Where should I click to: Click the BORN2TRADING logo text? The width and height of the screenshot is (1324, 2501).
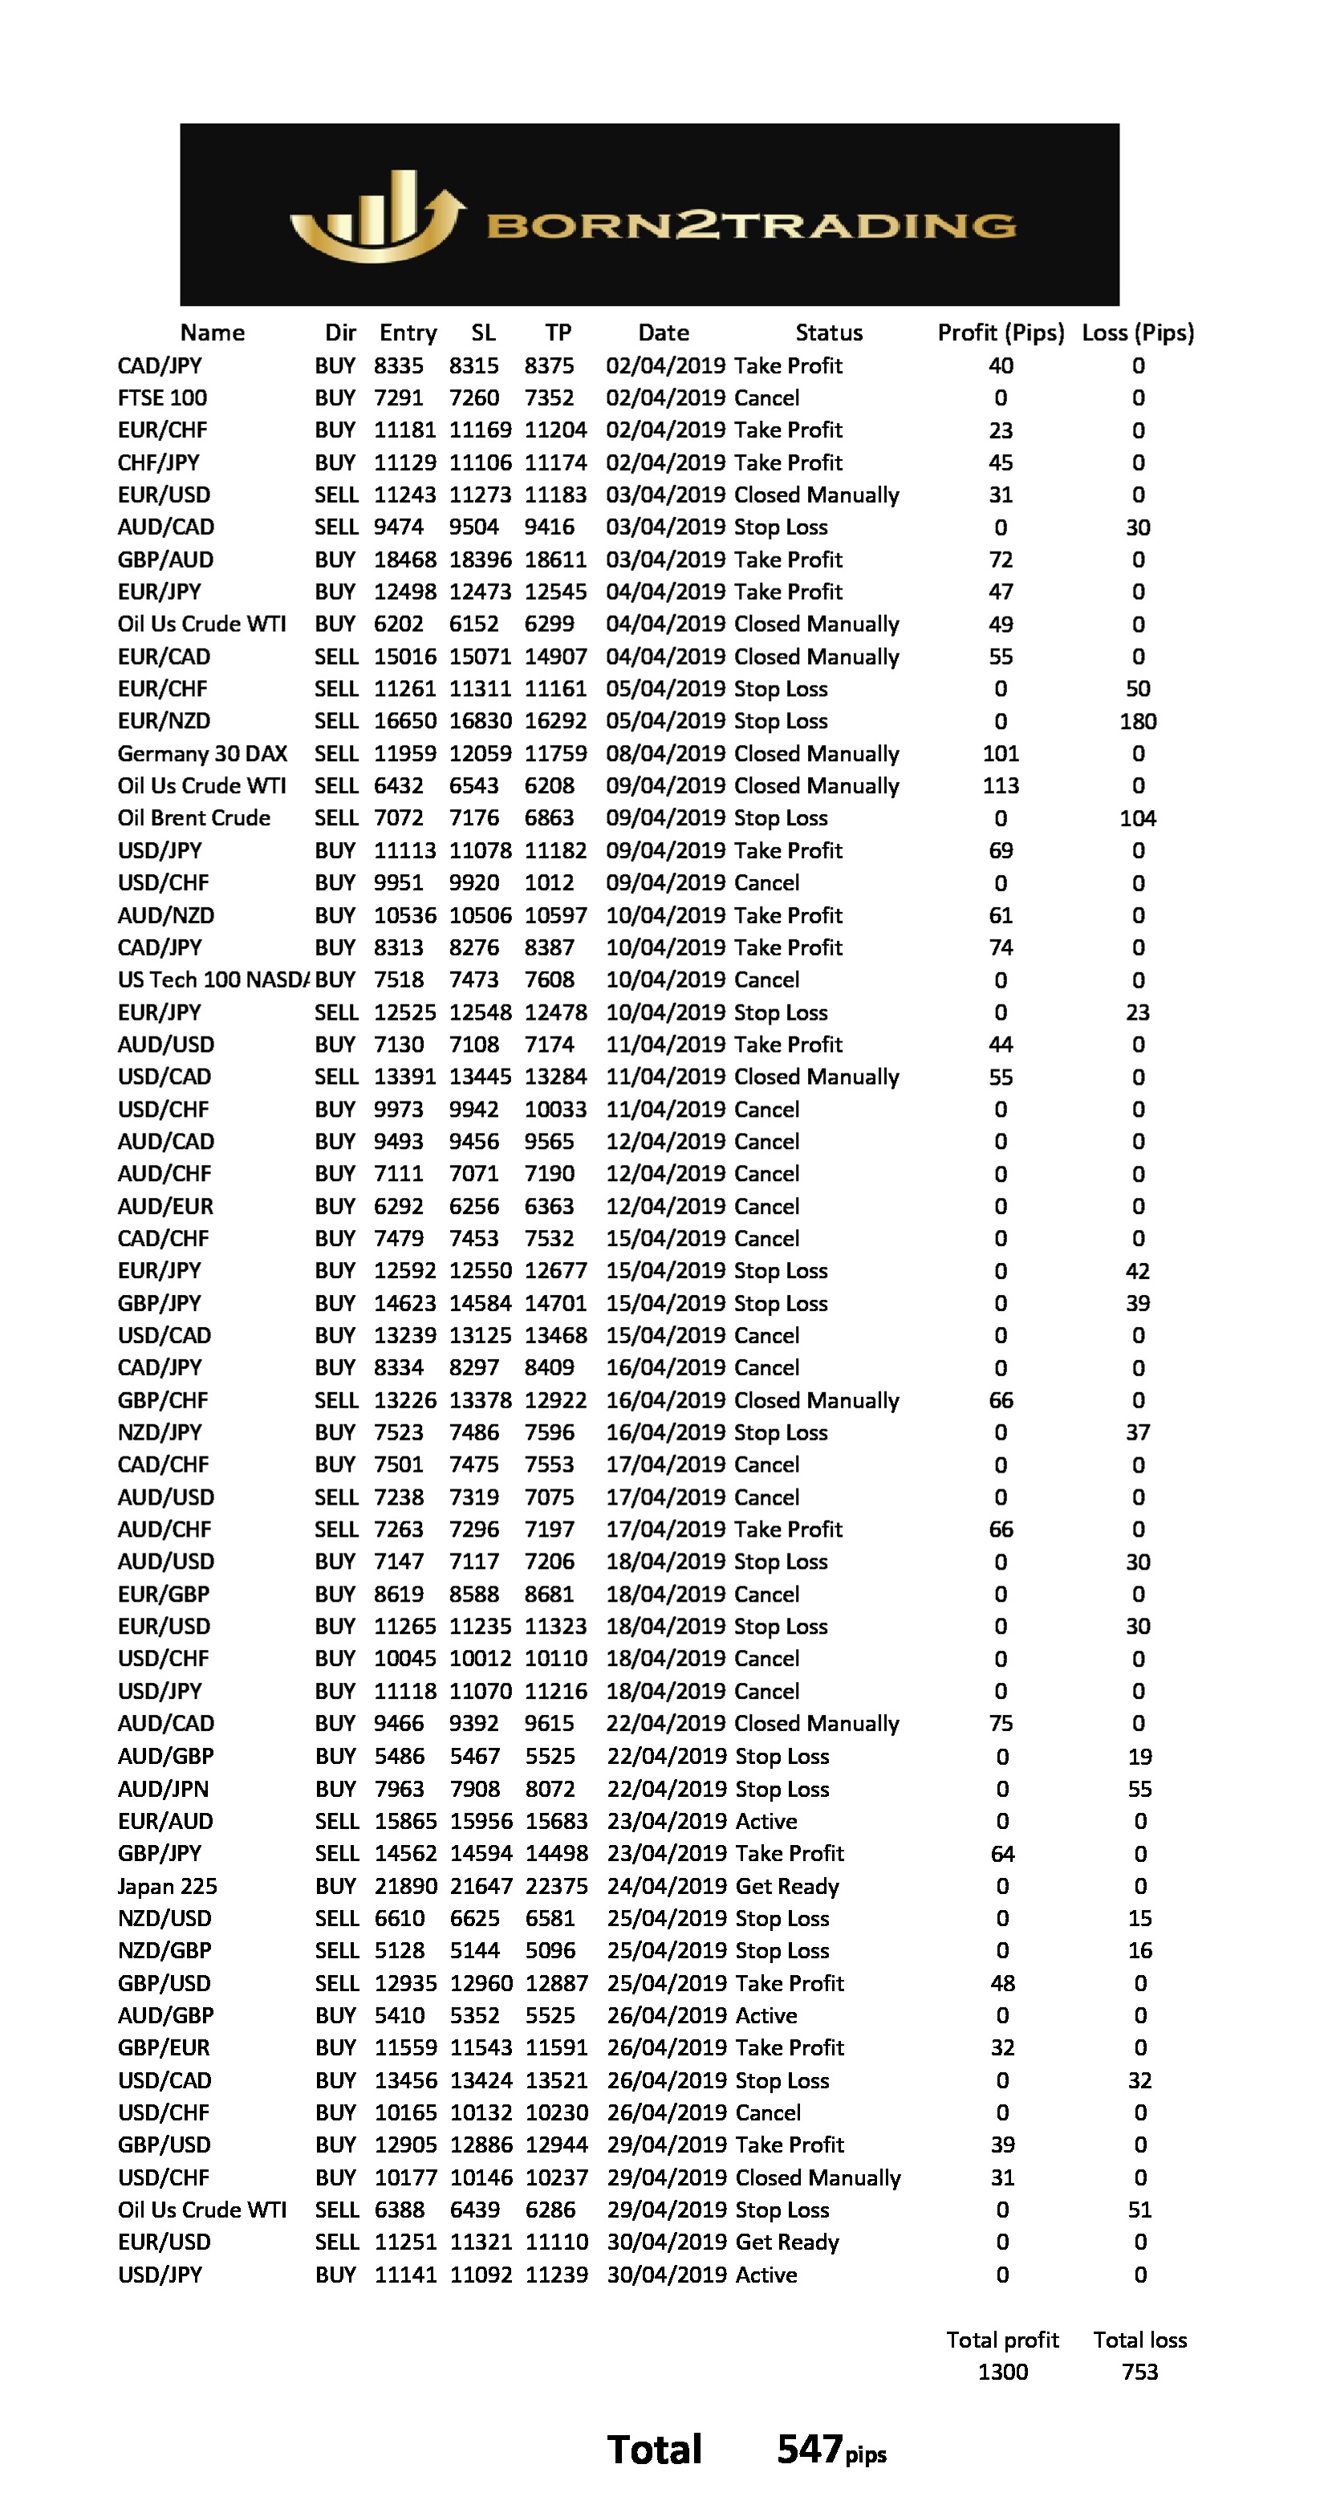(750, 226)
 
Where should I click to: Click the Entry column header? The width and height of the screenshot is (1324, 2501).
(408, 333)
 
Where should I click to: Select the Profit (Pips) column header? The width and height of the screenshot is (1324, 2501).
(1000, 333)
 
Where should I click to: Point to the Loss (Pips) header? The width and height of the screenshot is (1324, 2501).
(1138, 333)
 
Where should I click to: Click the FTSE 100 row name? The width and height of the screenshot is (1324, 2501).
(162, 398)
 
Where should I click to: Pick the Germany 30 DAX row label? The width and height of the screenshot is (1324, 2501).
(202, 753)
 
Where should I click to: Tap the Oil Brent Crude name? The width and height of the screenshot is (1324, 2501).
(194, 818)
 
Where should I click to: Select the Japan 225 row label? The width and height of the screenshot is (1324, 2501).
(167, 1887)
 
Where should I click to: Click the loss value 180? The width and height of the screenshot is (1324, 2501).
(1138, 721)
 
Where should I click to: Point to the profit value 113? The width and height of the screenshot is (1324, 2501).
(1000, 785)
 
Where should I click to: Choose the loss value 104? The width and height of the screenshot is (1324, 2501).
(1138, 818)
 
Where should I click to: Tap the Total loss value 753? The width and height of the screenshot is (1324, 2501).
(1139, 2372)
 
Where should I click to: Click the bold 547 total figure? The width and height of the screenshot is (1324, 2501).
(809, 2450)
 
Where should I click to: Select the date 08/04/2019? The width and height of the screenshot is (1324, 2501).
(666, 753)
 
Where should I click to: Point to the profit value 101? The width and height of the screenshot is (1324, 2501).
(1000, 753)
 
